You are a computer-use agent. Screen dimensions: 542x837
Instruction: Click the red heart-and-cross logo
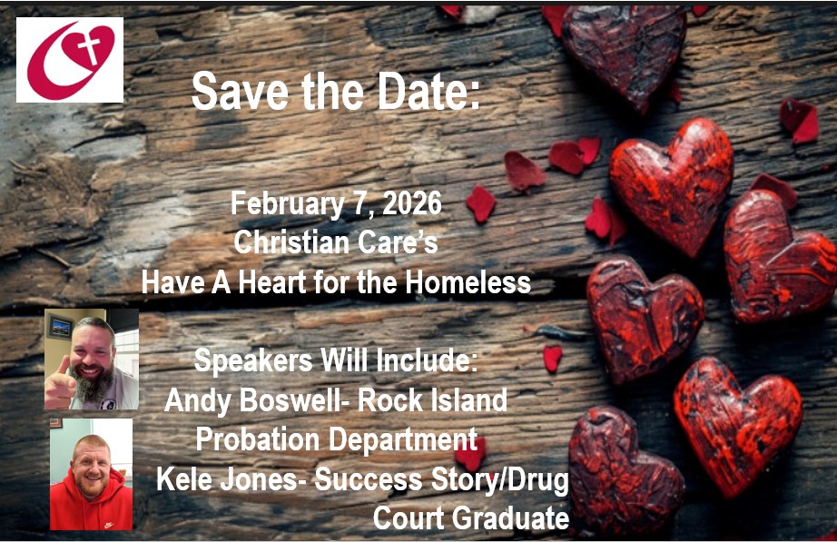(70, 60)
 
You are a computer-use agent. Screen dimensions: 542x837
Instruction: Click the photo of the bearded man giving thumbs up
(92, 359)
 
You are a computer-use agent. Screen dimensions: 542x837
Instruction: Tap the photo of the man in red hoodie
(91, 473)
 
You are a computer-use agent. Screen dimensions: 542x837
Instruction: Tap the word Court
(408, 518)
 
